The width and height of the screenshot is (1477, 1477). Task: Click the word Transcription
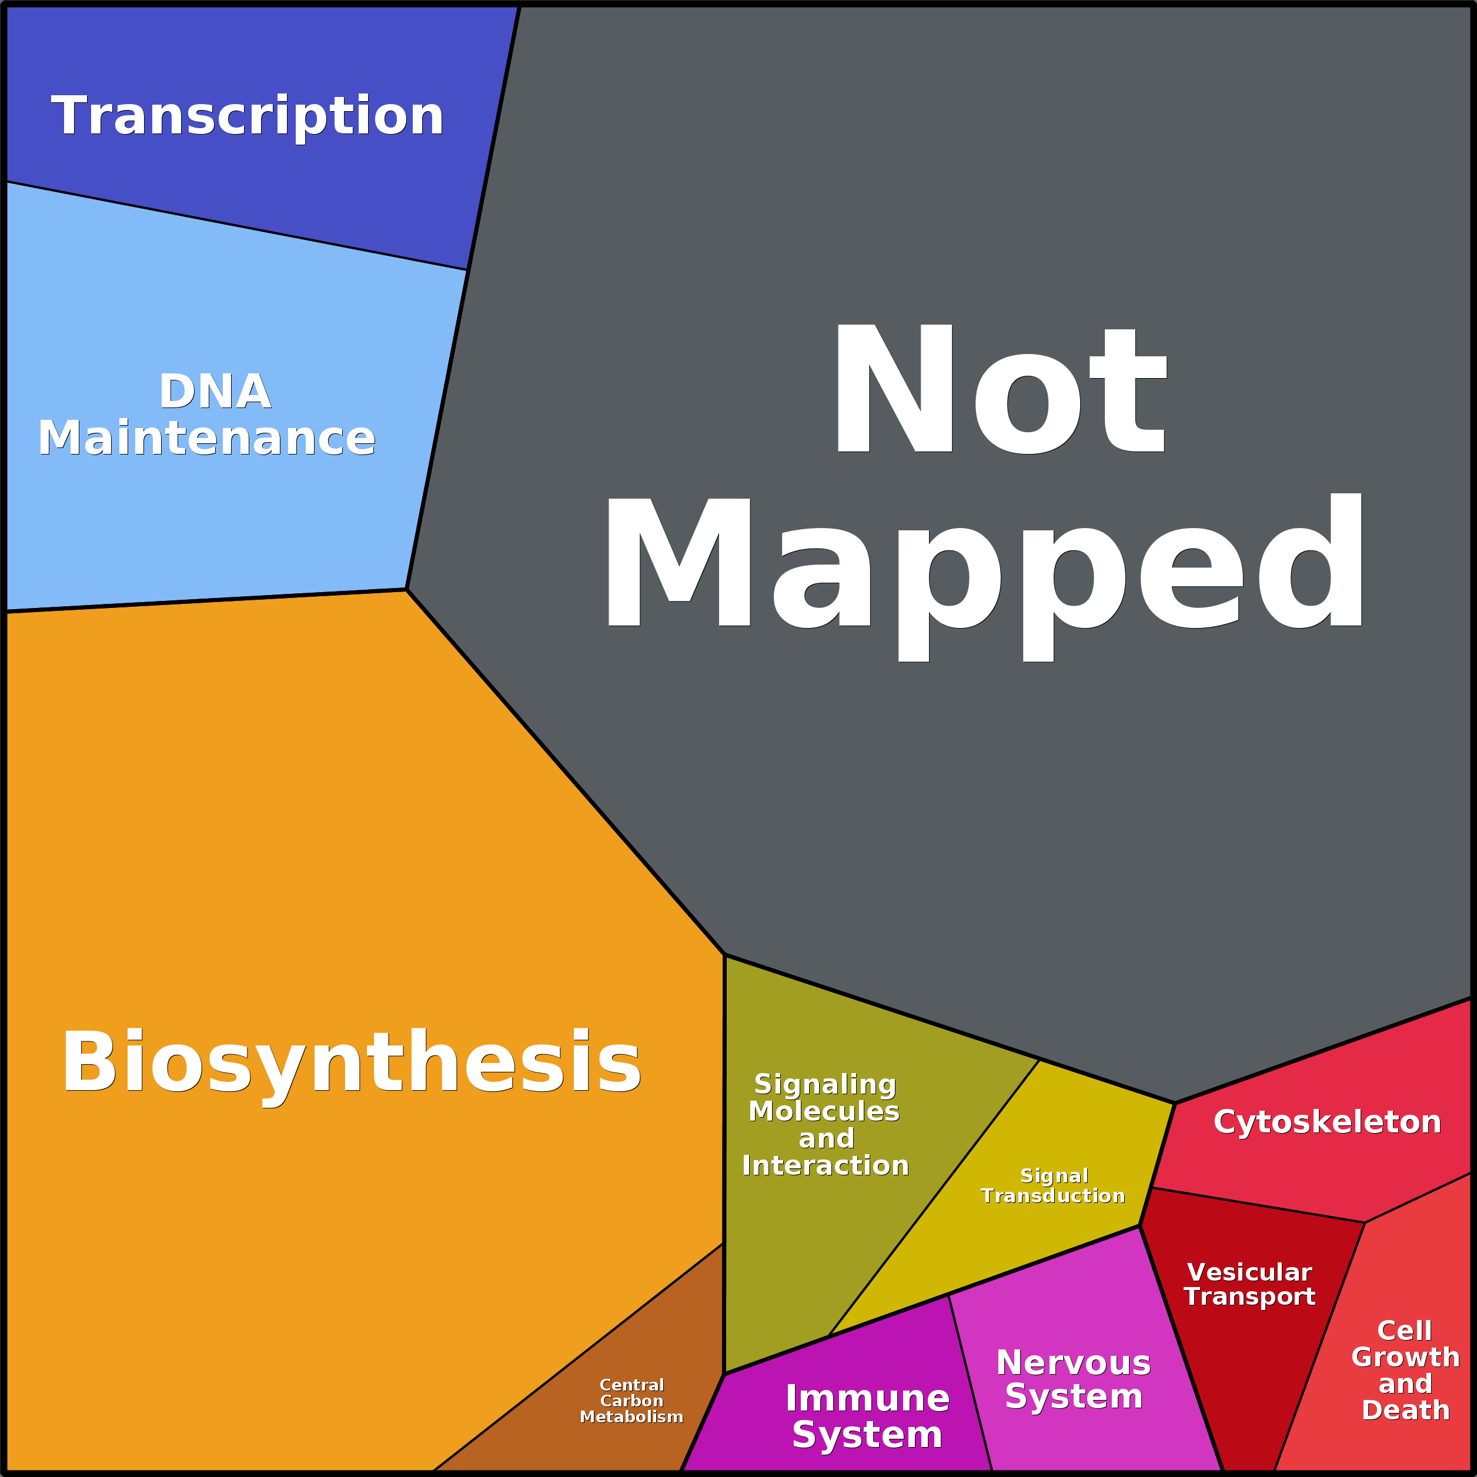pyautogui.click(x=247, y=116)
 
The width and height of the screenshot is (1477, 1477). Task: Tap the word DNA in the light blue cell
pyautogui.click(x=215, y=392)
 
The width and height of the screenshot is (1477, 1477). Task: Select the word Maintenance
pyautogui.click(x=206, y=438)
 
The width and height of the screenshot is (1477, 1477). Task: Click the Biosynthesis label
pyautogui.click(x=351, y=1062)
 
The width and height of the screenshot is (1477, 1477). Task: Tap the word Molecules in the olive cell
pyautogui.click(x=824, y=1112)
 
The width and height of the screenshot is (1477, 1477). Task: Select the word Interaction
pyautogui.click(x=826, y=1165)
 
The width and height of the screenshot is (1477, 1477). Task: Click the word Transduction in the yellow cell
pyautogui.click(x=1052, y=1196)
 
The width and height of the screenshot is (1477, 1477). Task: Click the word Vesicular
pyautogui.click(x=1249, y=1272)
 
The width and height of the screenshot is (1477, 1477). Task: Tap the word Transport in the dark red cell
pyautogui.click(x=1249, y=1296)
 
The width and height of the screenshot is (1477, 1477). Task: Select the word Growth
pyautogui.click(x=1405, y=1357)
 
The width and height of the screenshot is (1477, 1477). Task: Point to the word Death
pyautogui.click(x=1405, y=1410)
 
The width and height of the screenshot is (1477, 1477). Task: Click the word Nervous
pyautogui.click(x=1073, y=1363)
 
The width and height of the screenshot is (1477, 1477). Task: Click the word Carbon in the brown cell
pyautogui.click(x=631, y=1401)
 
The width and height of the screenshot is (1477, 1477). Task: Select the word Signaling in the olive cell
pyautogui.click(x=825, y=1084)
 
